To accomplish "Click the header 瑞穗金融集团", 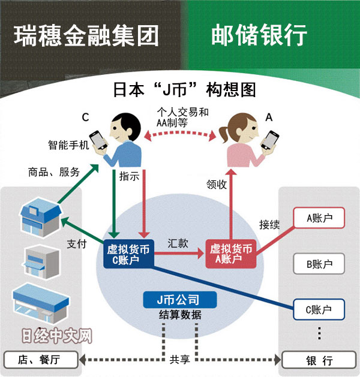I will pyautogui.click(x=87, y=35).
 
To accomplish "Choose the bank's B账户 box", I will pyautogui.click(x=319, y=264).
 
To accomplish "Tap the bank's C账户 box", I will pyautogui.click(x=319, y=310).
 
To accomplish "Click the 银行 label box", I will pyautogui.click(x=319, y=360).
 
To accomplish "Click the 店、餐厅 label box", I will pyautogui.click(x=41, y=360).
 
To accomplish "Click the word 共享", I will pyautogui.click(x=179, y=360).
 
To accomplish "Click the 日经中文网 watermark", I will pyautogui.click(x=56, y=336).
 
